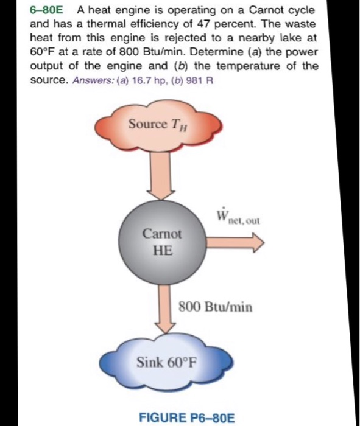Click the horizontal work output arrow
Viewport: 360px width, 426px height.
pyautogui.click(x=237, y=242)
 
